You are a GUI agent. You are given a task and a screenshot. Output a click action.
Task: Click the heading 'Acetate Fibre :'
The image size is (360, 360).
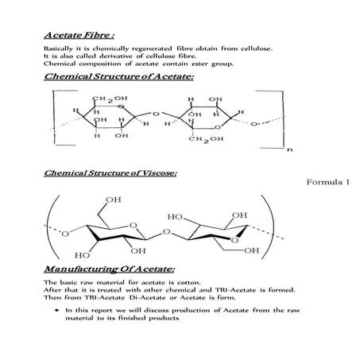point(79,36)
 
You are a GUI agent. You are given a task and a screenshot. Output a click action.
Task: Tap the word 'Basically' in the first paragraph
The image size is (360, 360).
point(60,49)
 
